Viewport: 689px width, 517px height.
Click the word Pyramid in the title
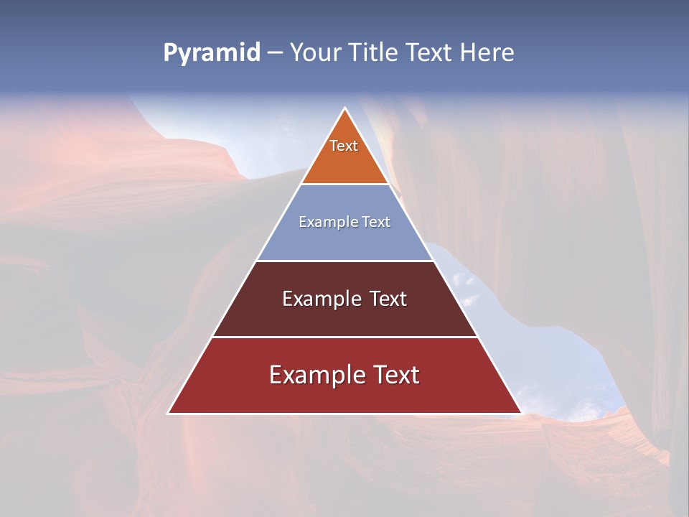(212, 53)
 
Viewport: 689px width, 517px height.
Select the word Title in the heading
(375, 52)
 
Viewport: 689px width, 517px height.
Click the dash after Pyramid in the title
(275, 53)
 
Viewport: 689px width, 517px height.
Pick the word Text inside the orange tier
(344, 146)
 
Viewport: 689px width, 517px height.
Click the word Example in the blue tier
(324, 223)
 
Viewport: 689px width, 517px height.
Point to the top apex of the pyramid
(345, 108)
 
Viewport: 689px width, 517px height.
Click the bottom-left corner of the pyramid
(169, 413)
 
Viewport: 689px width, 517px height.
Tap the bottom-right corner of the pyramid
(521, 413)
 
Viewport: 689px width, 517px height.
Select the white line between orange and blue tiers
(345, 185)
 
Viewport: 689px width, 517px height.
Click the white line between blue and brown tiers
(345, 261)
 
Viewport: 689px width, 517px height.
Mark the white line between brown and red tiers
(345, 337)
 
